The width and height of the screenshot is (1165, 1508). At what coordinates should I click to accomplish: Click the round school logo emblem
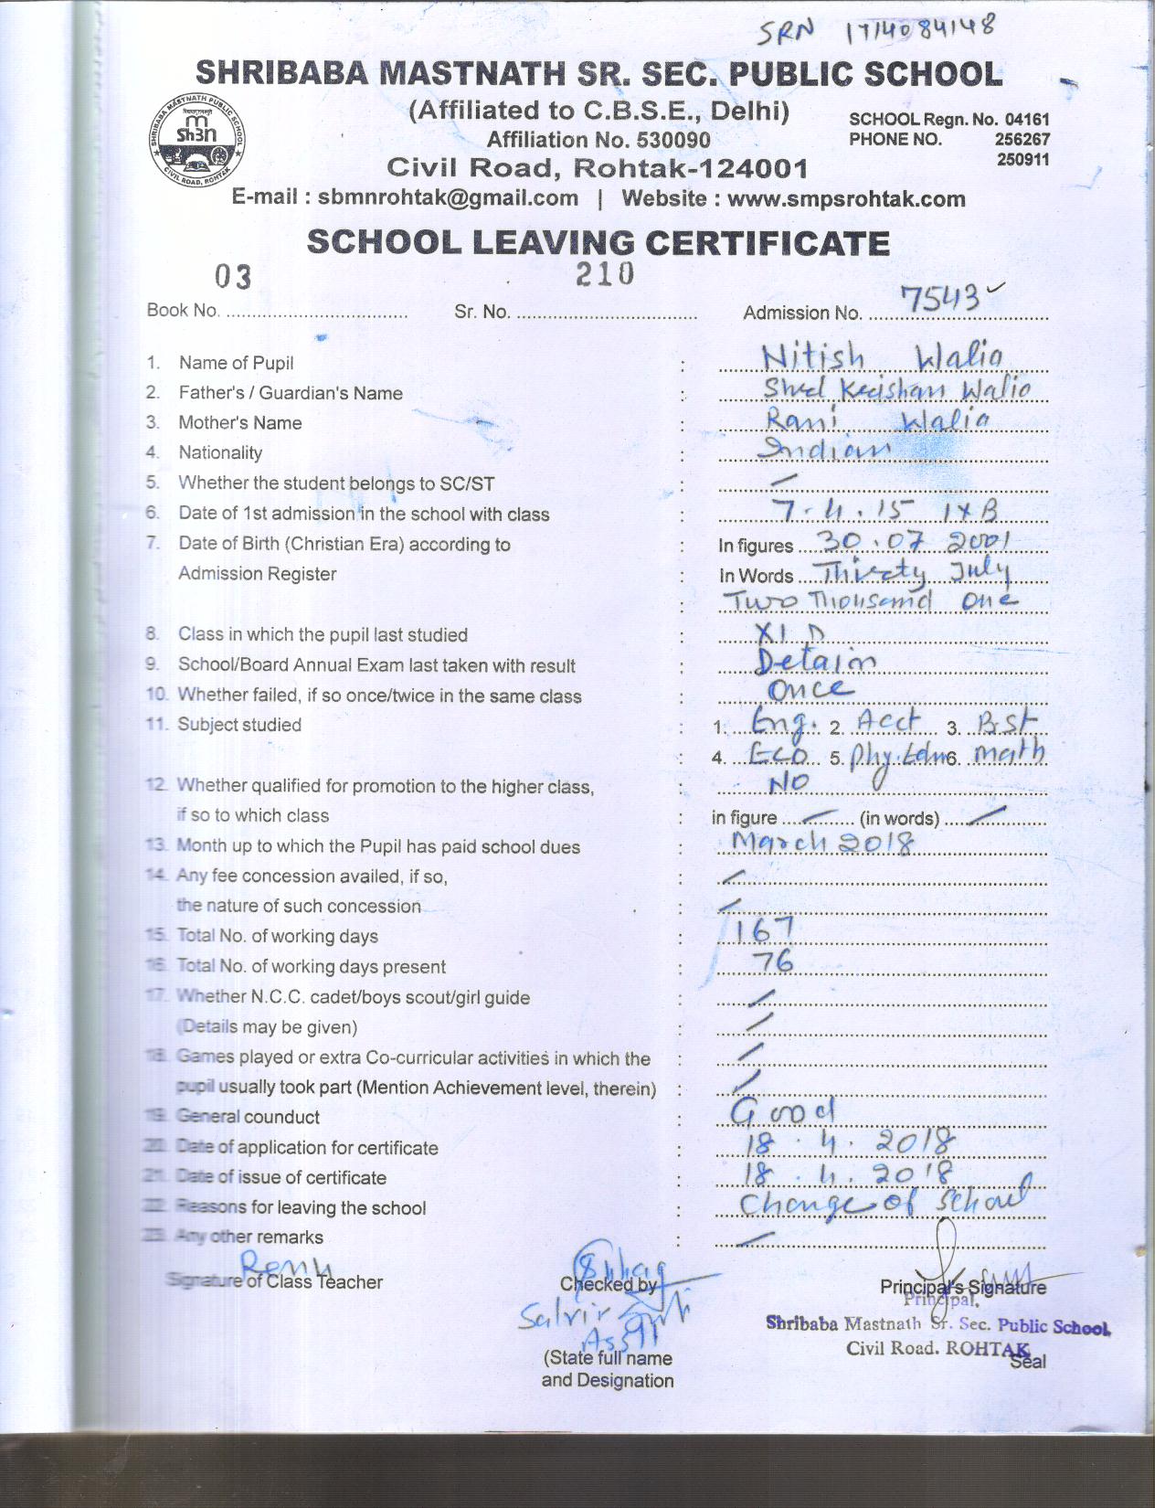coord(197,139)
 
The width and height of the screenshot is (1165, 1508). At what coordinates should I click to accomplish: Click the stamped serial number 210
coord(604,273)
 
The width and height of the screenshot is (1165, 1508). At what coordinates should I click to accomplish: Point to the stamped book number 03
coord(232,276)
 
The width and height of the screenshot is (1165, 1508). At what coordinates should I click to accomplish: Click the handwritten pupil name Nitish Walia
coord(882,356)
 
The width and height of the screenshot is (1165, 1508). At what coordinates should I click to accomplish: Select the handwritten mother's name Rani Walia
coord(876,419)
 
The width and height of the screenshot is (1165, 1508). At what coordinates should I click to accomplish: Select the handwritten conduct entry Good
coord(783,1110)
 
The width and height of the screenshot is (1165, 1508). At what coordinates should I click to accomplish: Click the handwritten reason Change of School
coord(882,1201)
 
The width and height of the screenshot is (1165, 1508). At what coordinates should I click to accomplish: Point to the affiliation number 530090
coord(598,140)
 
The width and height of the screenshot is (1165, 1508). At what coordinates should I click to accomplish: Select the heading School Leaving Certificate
coord(598,243)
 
